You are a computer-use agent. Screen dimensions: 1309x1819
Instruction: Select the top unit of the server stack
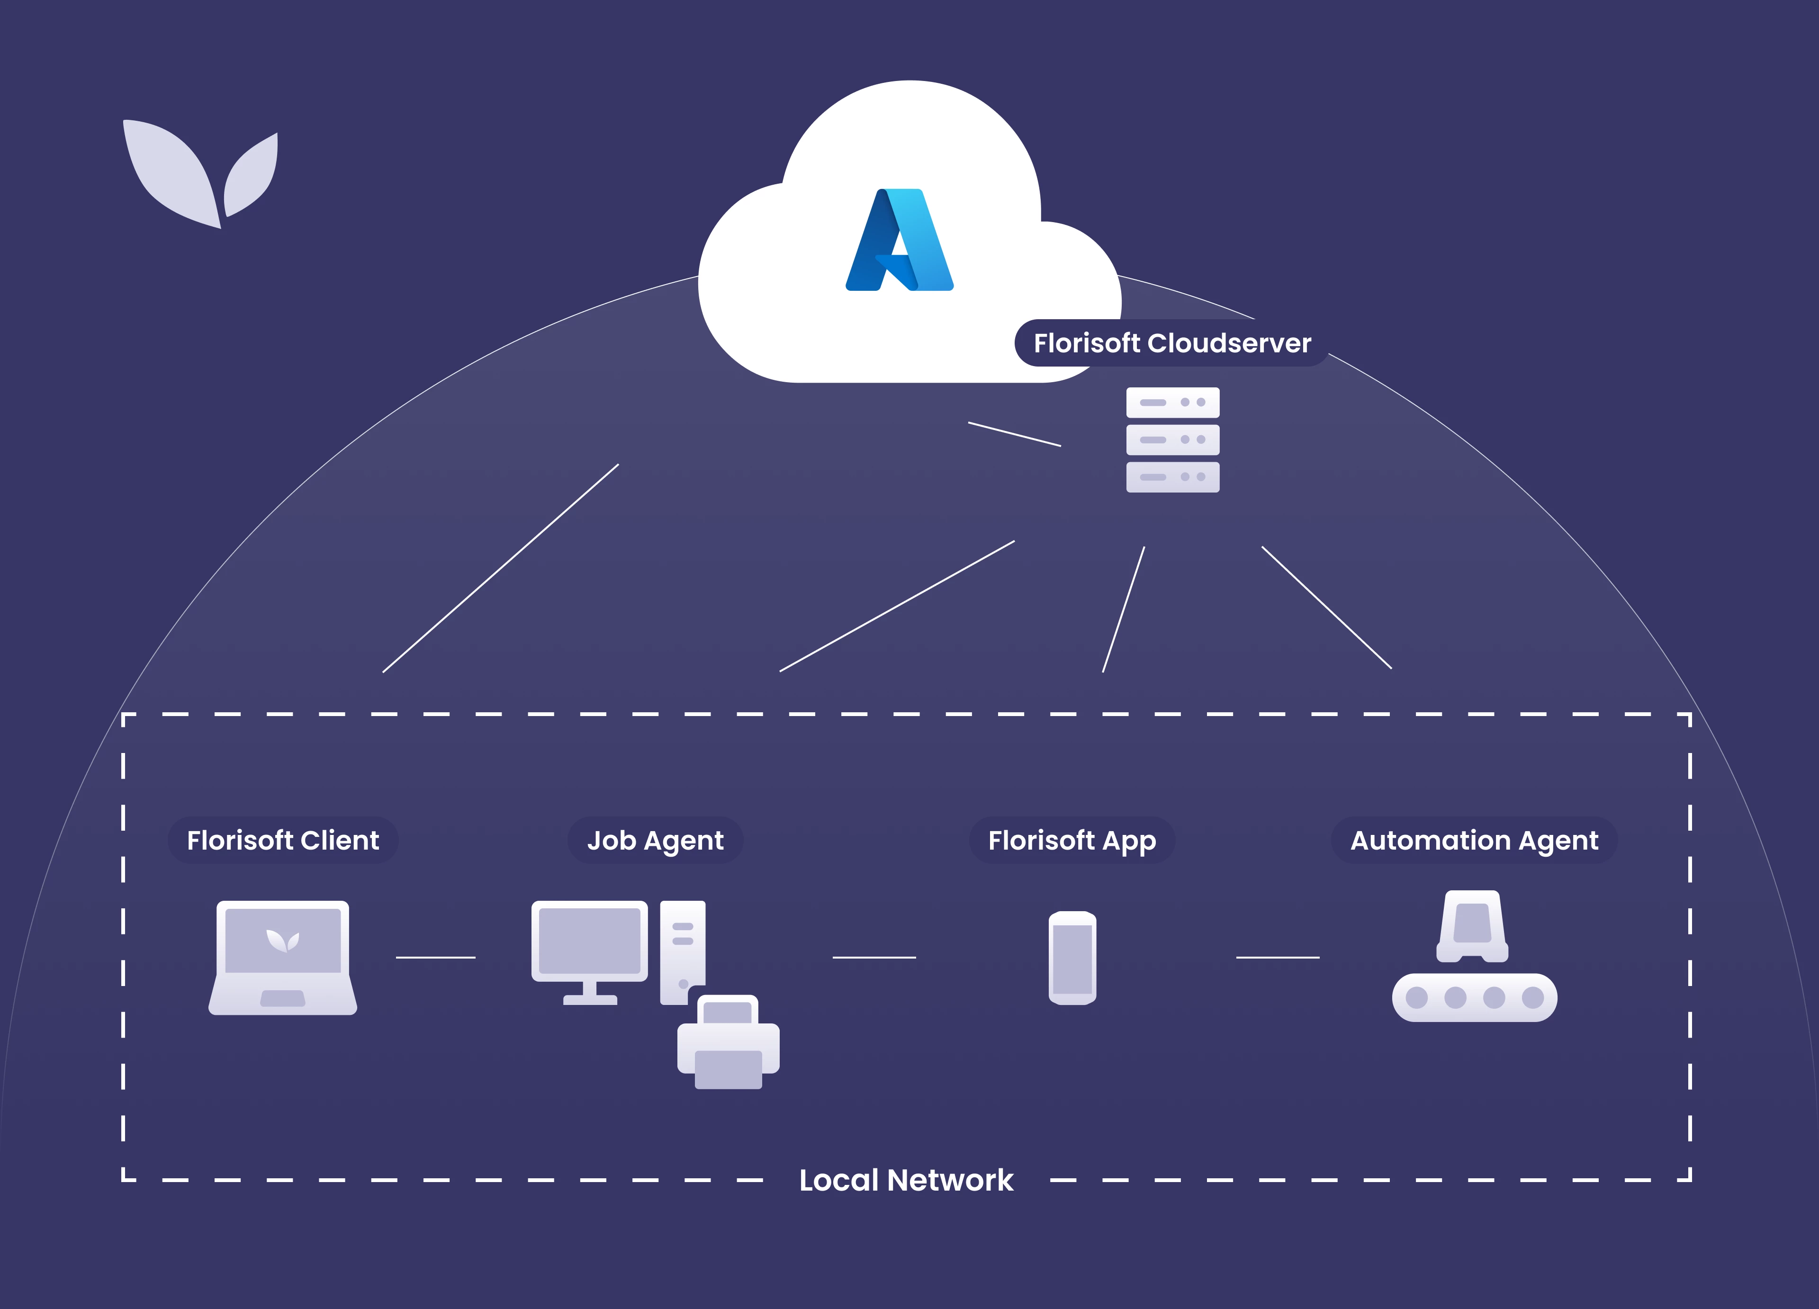coord(1172,403)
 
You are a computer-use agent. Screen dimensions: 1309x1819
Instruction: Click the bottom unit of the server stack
coord(1172,477)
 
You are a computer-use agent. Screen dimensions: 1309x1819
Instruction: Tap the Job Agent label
coord(655,841)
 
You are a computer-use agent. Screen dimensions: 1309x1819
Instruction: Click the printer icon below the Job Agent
coord(728,1043)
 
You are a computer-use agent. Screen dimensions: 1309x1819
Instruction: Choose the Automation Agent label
coord(1474,841)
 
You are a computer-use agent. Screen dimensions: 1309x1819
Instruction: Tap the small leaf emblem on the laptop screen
coord(282,940)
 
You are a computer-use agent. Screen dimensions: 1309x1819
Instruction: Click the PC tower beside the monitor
coord(683,950)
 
